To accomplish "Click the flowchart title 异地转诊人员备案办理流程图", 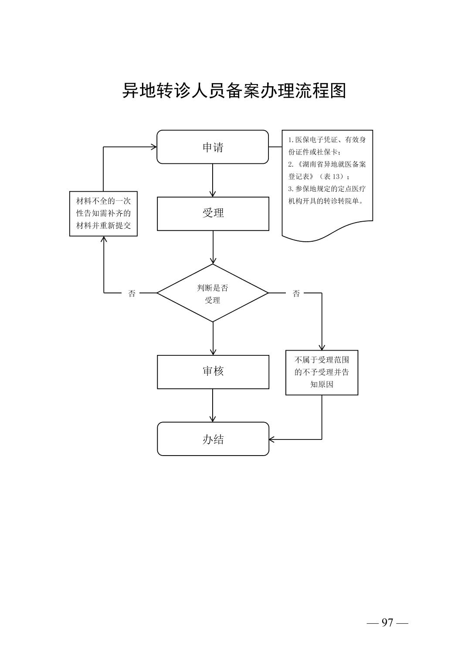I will pyautogui.click(x=234, y=91).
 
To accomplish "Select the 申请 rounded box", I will pyautogui.click(x=213, y=147).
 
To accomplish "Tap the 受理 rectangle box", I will pyautogui.click(x=213, y=213).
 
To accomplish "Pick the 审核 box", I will pyautogui.click(x=213, y=372).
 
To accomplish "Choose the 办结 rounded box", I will pyautogui.click(x=213, y=439).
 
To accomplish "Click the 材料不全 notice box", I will pyautogui.click(x=103, y=213).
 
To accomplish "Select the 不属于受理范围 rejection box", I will pyautogui.click(x=322, y=372).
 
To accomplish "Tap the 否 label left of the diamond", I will pyautogui.click(x=132, y=294).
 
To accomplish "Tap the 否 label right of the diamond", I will pyautogui.click(x=296, y=294).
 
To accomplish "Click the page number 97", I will pyautogui.click(x=387, y=623).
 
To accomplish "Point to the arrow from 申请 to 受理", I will pyautogui.click(x=213, y=180).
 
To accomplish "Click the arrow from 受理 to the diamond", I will pyautogui.click(x=213, y=247).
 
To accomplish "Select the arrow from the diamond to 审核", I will pyautogui.click(x=213, y=338).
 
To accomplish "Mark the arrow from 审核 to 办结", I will pyautogui.click(x=213, y=405).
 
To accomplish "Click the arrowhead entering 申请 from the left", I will pyautogui.click(x=154, y=147).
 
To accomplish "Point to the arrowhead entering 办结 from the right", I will pyautogui.click(x=272, y=439).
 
